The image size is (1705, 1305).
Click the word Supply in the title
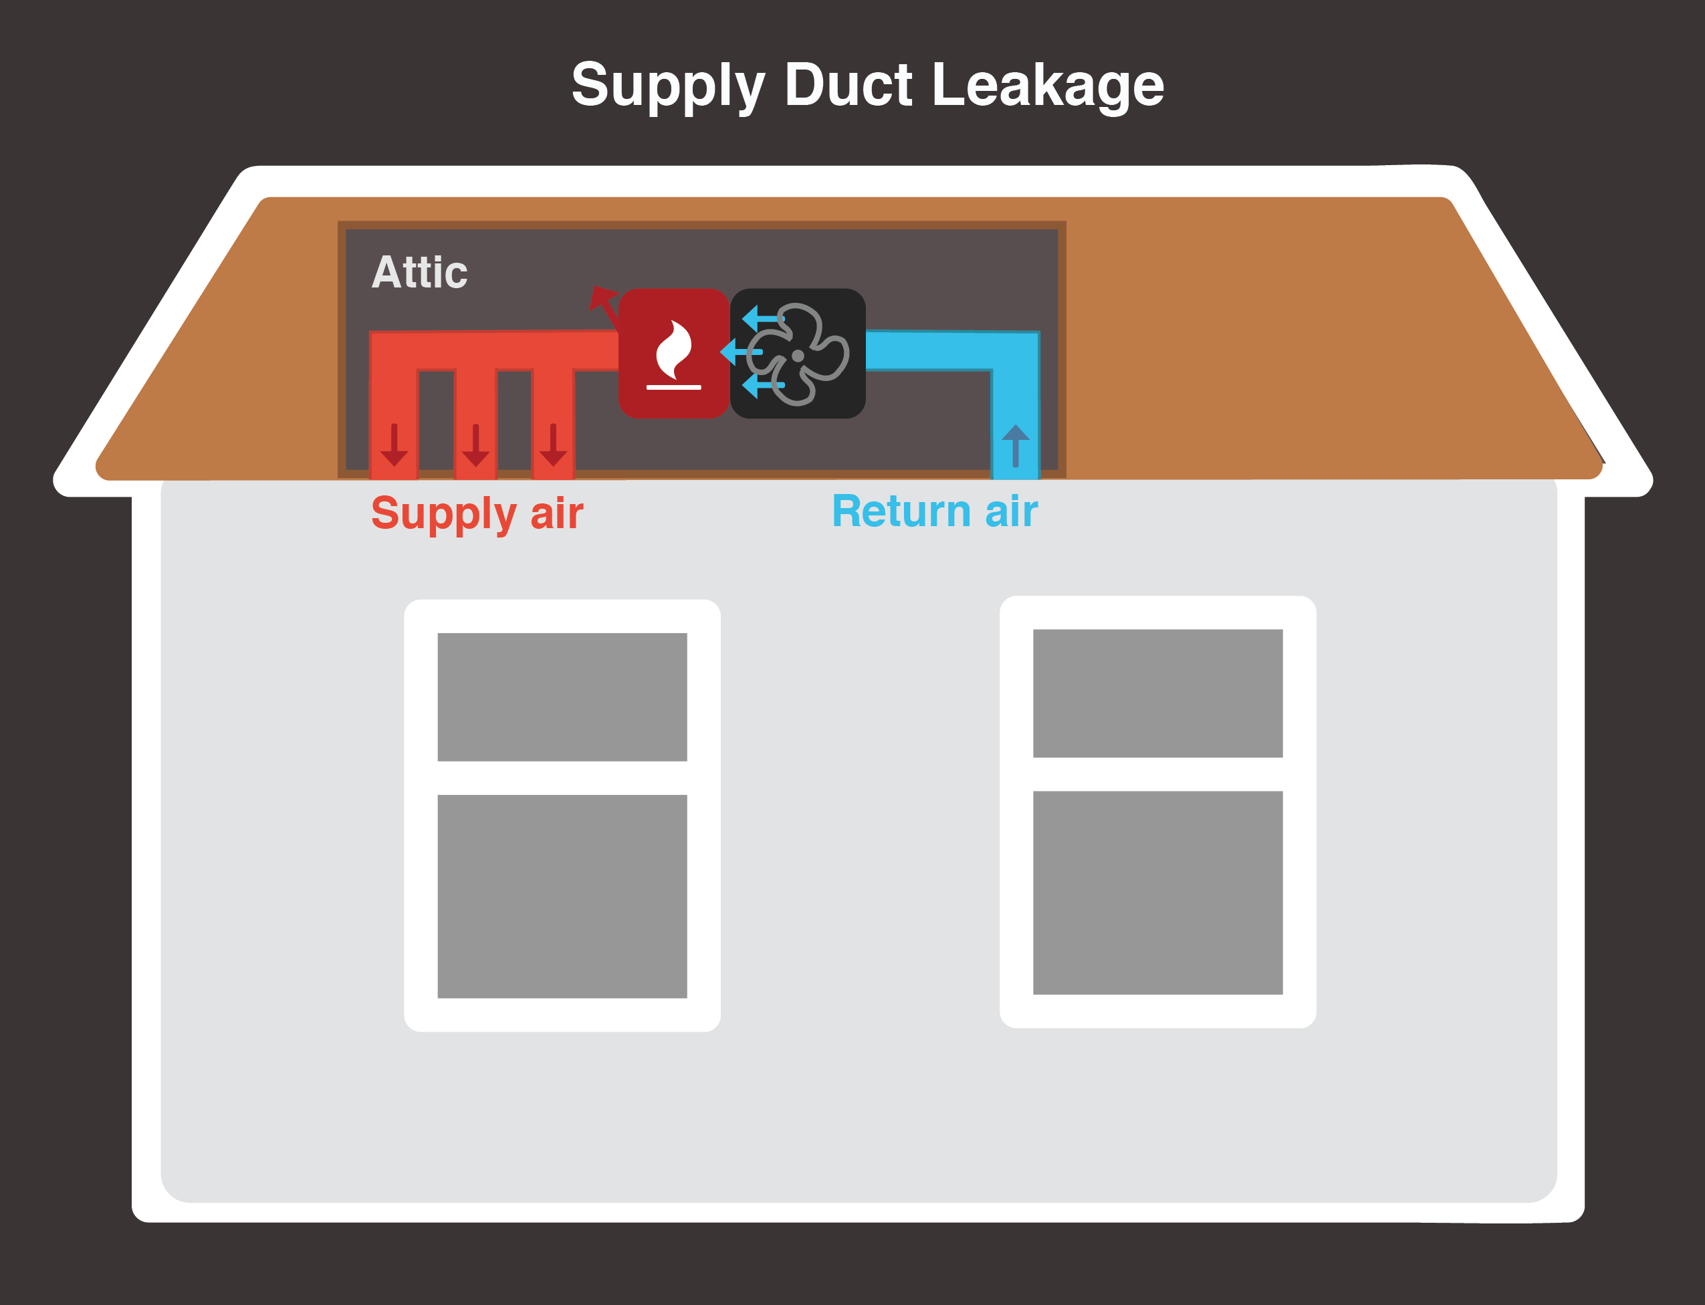(x=668, y=86)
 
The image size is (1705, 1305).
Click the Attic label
(x=419, y=273)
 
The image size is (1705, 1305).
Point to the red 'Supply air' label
(x=477, y=513)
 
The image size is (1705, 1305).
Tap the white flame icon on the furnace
(x=673, y=350)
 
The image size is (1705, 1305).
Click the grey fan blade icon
(x=798, y=355)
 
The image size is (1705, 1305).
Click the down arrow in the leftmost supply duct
(x=394, y=446)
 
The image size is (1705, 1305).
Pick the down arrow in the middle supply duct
(x=475, y=446)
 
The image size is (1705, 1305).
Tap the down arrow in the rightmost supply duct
(x=553, y=446)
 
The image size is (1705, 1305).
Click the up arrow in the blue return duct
(x=1015, y=445)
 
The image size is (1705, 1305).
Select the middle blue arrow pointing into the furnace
(x=740, y=352)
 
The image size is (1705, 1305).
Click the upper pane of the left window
(x=562, y=697)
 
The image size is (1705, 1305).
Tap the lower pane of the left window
(x=562, y=896)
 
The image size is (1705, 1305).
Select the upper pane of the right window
(x=1157, y=693)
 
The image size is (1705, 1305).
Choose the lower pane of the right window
(x=1157, y=892)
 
